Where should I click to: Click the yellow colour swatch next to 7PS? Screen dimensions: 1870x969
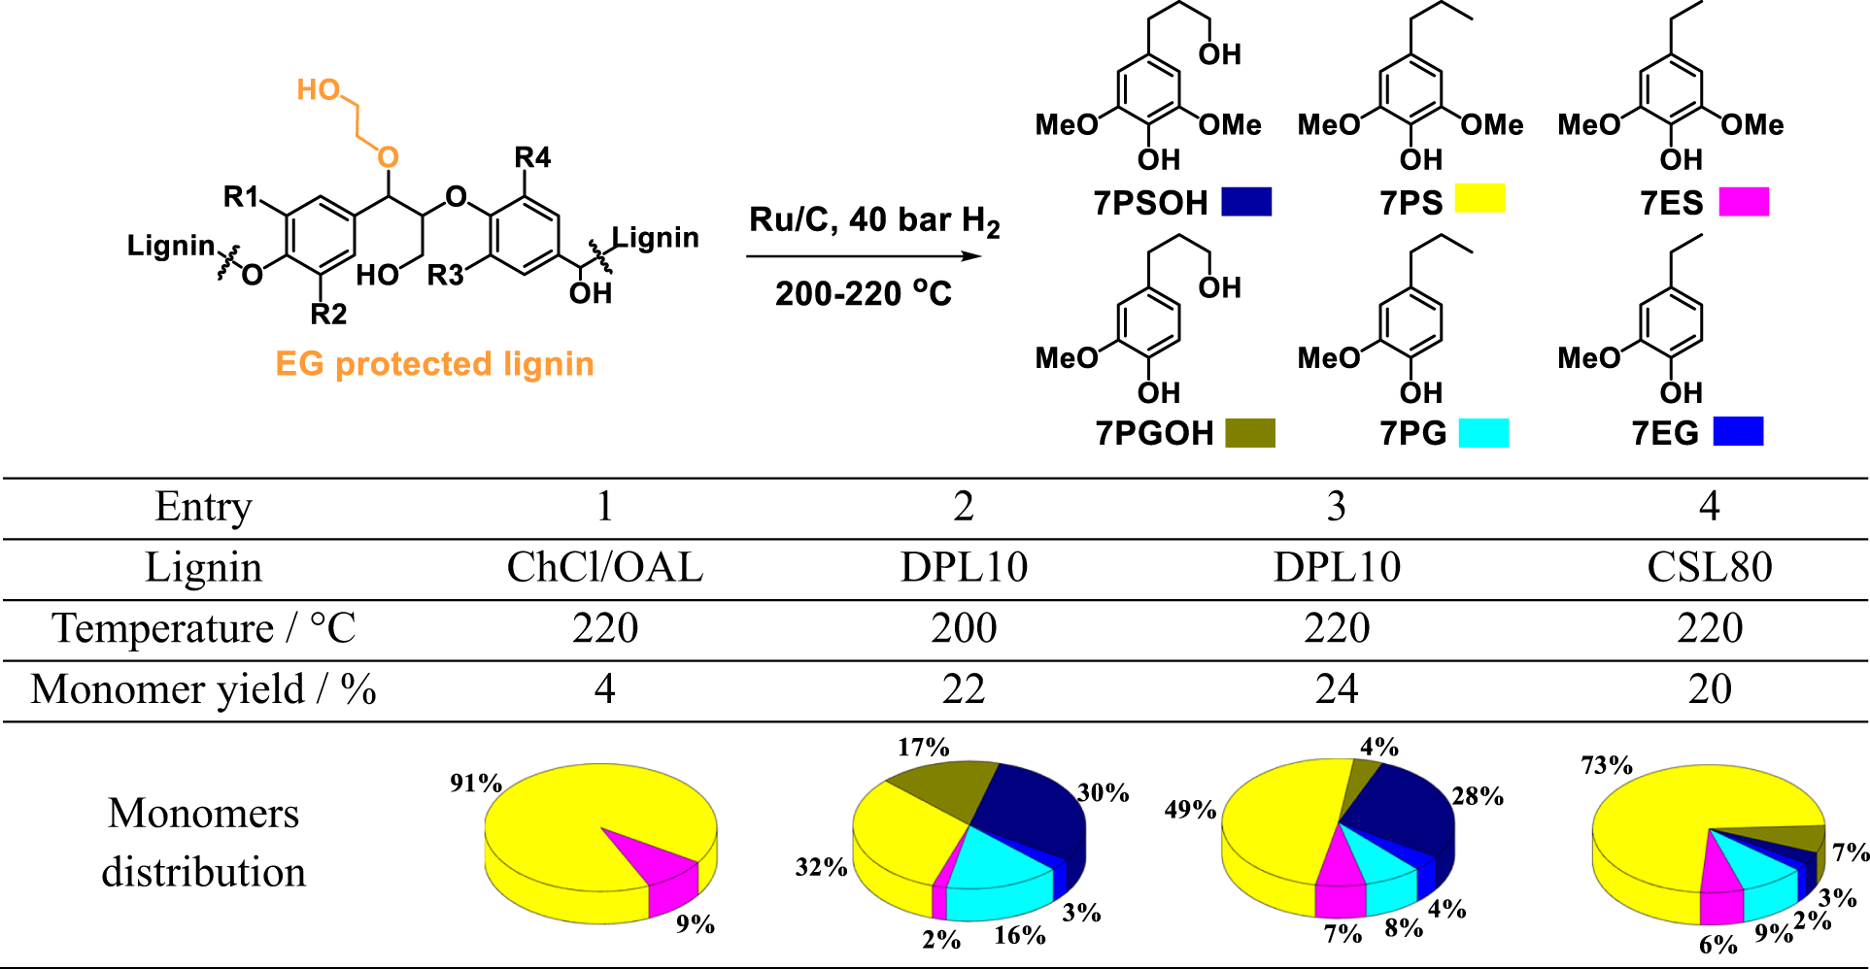[x=1479, y=199]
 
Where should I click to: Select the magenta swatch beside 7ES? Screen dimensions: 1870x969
[x=1744, y=202]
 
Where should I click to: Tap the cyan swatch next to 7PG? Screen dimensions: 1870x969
[x=1484, y=433]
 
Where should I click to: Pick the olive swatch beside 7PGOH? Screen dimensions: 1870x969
[x=1250, y=433]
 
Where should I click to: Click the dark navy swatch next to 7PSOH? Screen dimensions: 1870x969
[x=1246, y=202]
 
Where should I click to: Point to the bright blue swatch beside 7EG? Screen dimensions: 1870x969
[x=1738, y=431]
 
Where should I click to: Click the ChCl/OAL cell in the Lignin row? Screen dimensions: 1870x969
[x=604, y=568]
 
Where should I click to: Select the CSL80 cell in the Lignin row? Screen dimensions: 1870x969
[x=1709, y=568]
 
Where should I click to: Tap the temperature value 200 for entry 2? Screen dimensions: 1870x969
[x=963, y=629]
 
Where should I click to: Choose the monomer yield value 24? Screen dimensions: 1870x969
[x=1336, y=689]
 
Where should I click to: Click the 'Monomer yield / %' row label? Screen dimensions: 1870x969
[x=203, y=689]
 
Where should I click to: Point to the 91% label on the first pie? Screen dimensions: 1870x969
[x=475, y=783]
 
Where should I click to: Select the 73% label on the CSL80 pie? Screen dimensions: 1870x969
[x=1607, y=765]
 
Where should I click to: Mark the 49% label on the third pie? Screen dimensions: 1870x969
[x=1190, y=810]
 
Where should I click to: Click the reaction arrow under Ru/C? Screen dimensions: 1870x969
[x=864, y=256]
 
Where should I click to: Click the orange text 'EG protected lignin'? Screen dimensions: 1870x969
[x=434, y=364]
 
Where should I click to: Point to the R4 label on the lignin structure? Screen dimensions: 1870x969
[x=532, y=157]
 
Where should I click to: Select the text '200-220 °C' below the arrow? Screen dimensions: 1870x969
[x=863, y=293]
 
